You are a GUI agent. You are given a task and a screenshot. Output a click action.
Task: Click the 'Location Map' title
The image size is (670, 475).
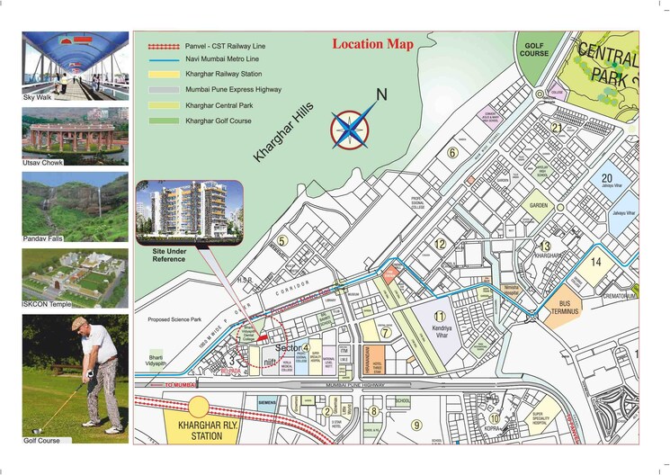(x=372, y=44)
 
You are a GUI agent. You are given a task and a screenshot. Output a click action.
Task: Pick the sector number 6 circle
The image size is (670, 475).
(x=453, y=153)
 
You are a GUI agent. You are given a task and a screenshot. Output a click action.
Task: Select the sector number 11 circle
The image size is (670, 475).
(x=439, y=317)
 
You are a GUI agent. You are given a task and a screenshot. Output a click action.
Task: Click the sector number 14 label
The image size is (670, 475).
(x=595, y=263)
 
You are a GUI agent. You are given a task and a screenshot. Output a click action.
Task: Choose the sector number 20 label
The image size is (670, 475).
(x=607, y=178)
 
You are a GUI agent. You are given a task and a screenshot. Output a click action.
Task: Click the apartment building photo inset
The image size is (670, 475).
(x=188, y=211)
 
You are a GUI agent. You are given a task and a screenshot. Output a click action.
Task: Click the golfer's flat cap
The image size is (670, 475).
(x=83, y=323)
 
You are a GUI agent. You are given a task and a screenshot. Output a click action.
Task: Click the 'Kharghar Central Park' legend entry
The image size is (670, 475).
(x=218, y=105)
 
